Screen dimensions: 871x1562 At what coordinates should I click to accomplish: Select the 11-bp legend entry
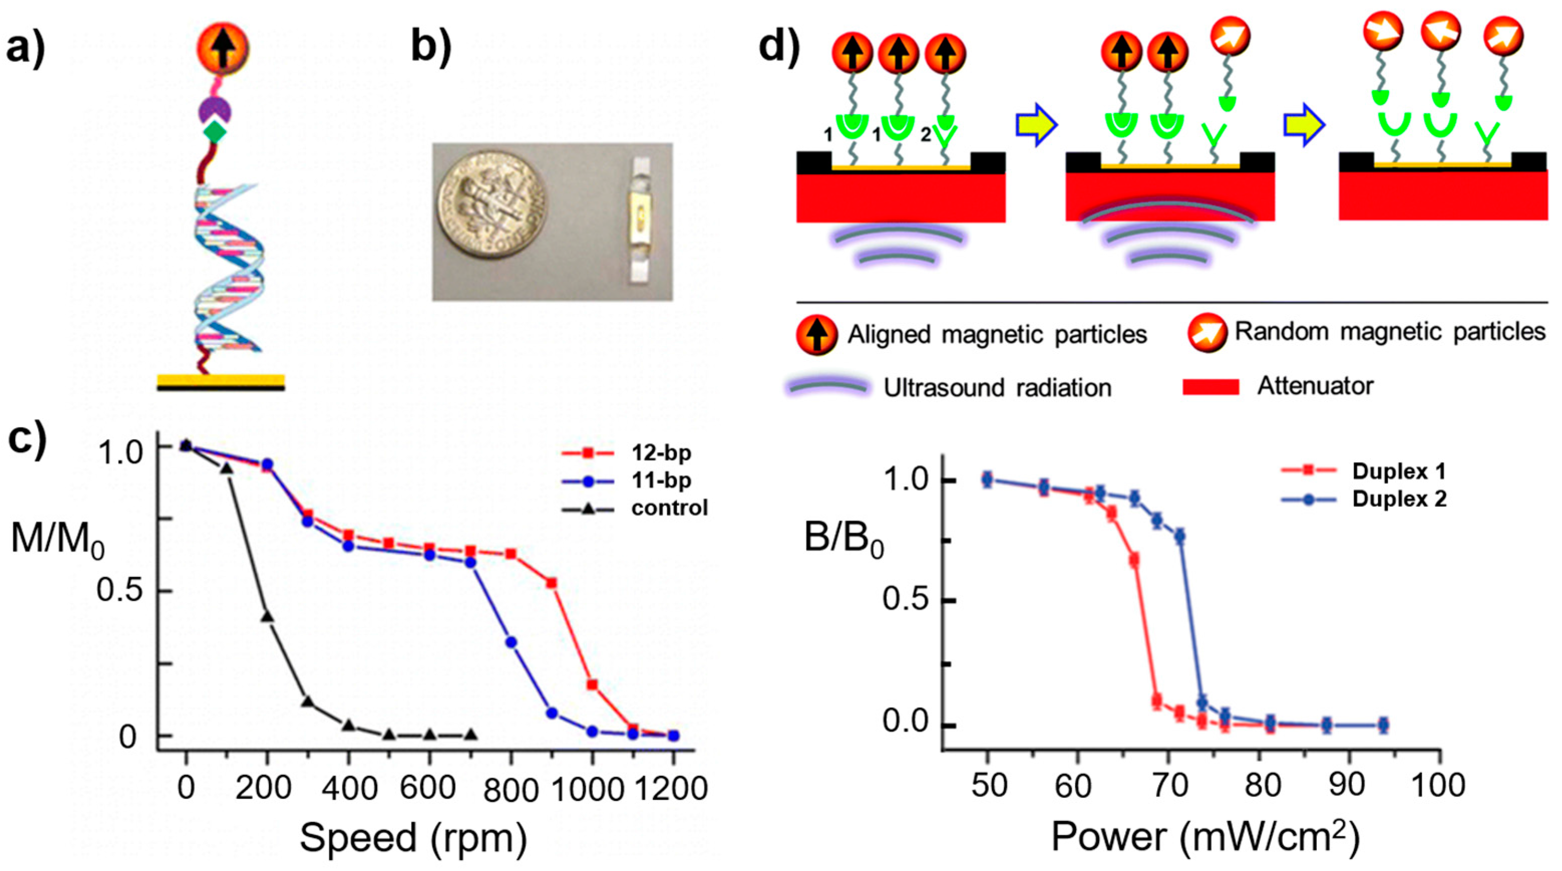click(x=660, y=481)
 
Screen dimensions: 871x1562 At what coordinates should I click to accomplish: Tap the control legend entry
click(x=669, y=507)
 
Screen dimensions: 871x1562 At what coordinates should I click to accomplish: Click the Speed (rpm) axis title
click(x=413, y=837)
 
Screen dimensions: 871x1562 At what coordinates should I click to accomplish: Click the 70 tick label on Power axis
click(x=1169, y=785)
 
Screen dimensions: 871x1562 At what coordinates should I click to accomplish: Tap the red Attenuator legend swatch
click(x=1210, y=387)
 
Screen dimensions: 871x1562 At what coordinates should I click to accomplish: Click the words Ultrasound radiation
click(x=997, y=388)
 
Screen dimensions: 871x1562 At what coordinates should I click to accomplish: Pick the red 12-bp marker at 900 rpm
click(x=552, y=583)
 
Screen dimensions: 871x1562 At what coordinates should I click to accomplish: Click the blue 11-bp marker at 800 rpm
click(x=511, y=642)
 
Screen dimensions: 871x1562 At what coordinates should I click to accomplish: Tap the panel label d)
click(x=779, y=47)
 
